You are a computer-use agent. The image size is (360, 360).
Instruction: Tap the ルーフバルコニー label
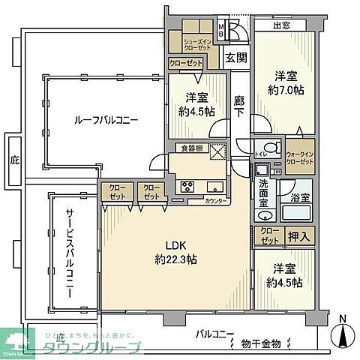106,119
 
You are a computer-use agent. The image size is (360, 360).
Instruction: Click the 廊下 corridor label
239,104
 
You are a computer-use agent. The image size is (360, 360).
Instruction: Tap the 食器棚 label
190,148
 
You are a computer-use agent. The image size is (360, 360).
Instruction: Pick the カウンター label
198,201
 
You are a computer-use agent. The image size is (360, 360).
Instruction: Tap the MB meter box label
221,30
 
